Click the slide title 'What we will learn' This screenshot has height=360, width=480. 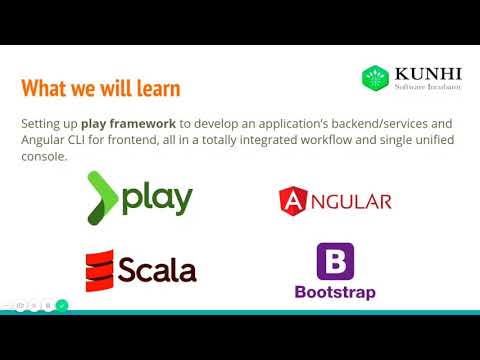coord(100,88)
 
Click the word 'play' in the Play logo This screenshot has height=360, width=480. coord(158,199)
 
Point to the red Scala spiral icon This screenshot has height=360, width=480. coord(98,270)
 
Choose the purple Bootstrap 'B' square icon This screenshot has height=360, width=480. coord(335,261)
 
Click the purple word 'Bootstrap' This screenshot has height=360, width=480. coord(335,292)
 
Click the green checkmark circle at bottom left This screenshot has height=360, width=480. coord(62,305)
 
